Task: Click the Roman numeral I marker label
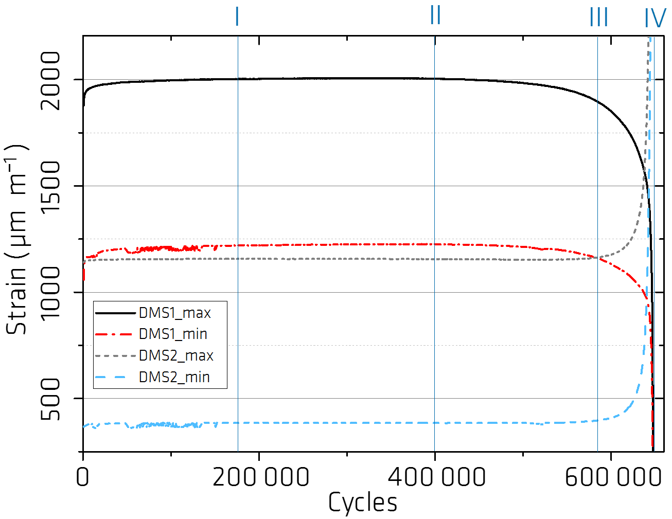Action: [237, 16]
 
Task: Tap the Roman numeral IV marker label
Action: [655, 19]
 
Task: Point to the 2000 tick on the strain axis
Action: [51, 80]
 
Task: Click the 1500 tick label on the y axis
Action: [51, 186]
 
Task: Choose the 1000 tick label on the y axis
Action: [51, 292]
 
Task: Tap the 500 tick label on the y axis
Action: [51, 399]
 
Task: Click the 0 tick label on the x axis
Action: [83, 477]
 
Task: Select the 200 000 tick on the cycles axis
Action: [260, 477]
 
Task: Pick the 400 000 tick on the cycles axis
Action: [436, 477]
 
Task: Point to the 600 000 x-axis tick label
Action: [613, 477]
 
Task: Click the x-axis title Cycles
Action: [363, 503]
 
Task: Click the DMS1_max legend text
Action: [175, 313]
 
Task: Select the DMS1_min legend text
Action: [173, 334]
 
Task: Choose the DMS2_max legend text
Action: [176, 355]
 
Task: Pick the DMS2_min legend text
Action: [174, 377]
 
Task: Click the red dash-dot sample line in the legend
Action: [114, 334]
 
